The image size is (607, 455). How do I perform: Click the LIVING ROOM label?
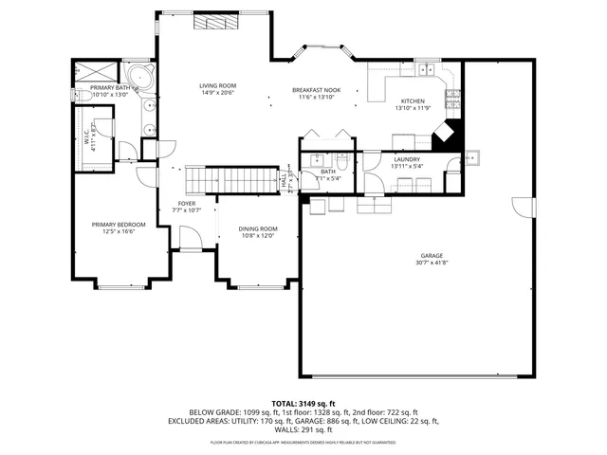[x=217, y=86]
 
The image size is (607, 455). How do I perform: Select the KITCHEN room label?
[x=412, y=101]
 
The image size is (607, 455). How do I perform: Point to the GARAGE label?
[x=432, y=256]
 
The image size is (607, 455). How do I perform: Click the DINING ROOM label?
[x=257, y=228]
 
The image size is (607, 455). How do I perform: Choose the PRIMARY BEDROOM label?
[x=113, y=225]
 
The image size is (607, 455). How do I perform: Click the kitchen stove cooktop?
[x=453, y=98]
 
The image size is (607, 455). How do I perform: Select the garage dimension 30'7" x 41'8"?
[x=432, y=263]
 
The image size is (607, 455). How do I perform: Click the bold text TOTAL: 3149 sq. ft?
[x=303, y=403]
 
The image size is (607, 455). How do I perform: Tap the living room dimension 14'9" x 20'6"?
[x=217, y=93]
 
